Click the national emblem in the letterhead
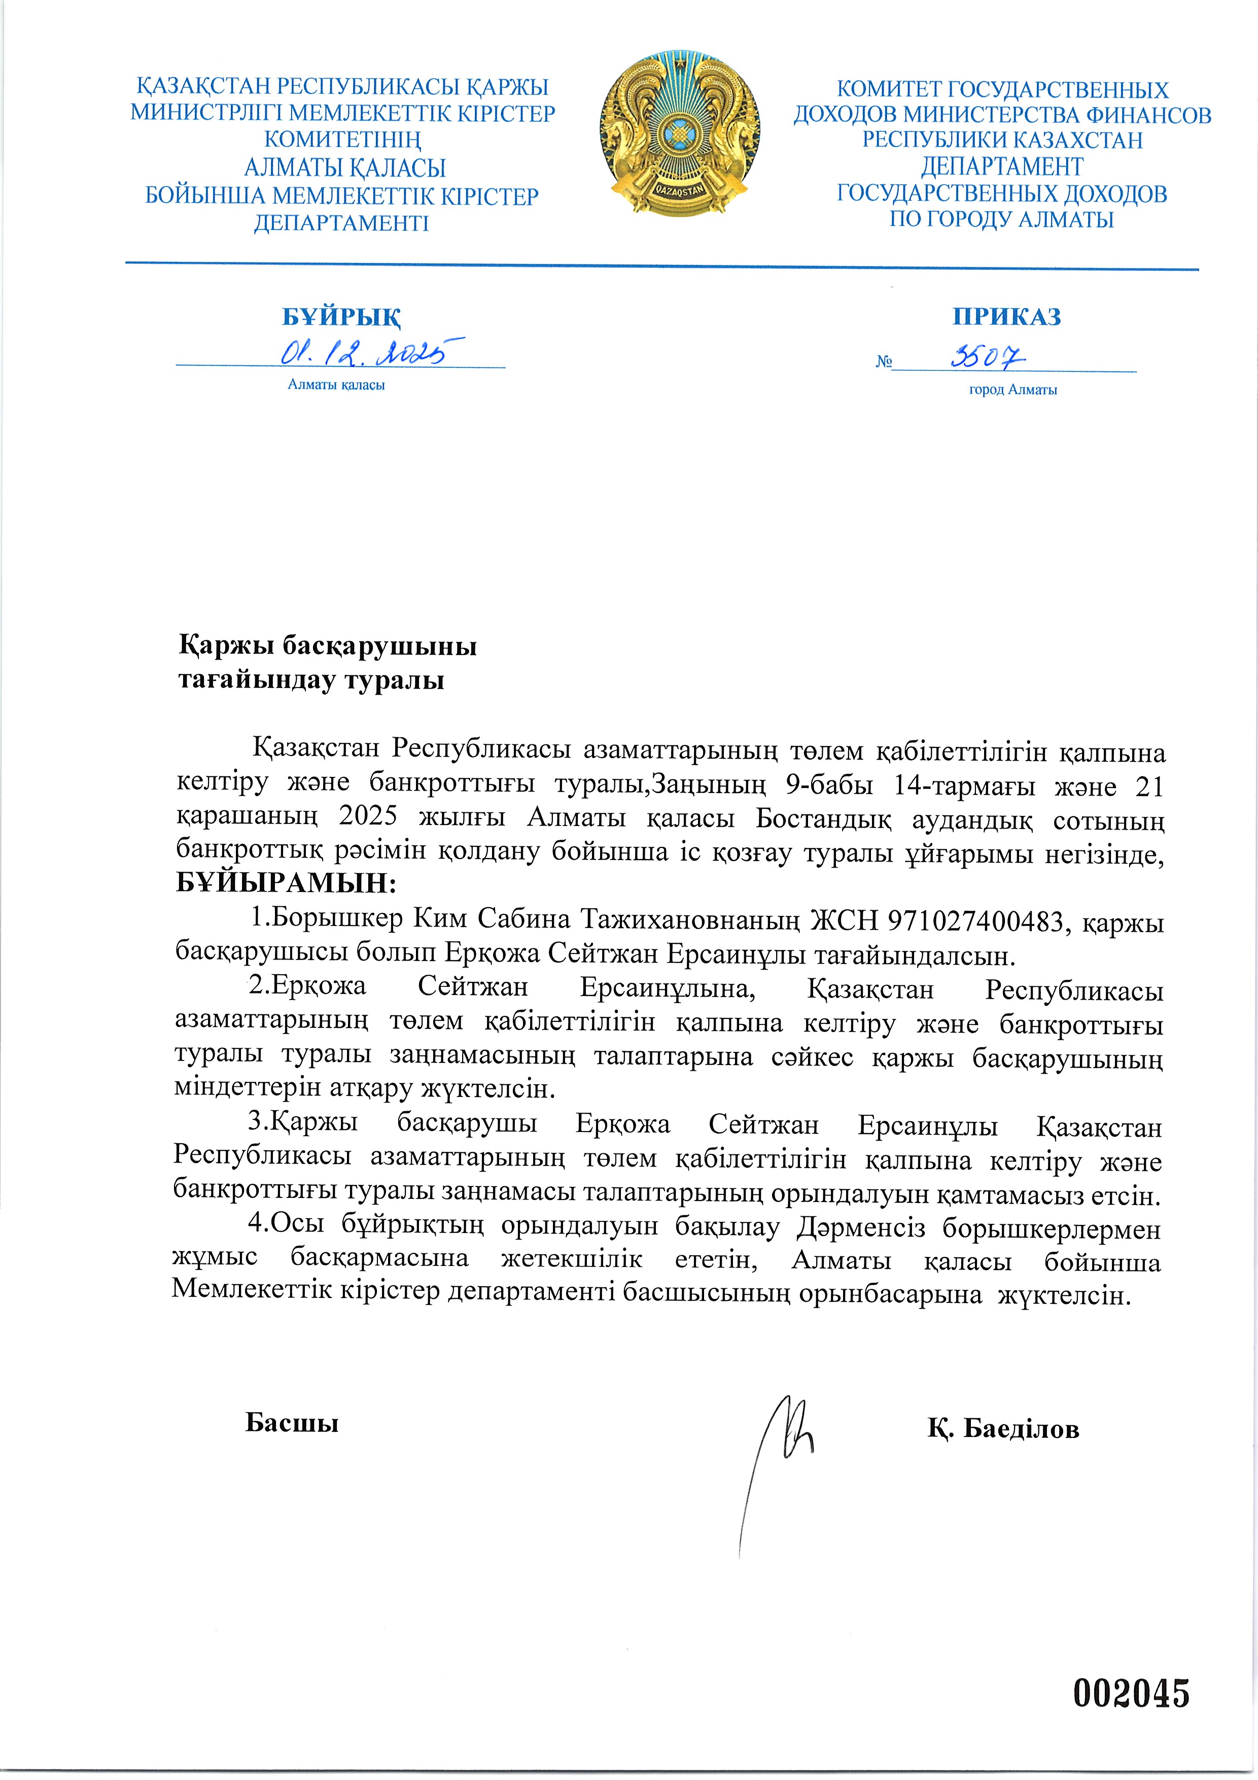pyautogui.click(x=679, y=133)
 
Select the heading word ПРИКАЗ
pyautogui.click(x=1006, y=316)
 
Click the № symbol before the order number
pyautogui.click(x=884, y=362)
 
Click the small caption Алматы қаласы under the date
pyautogui.click(x=336, y=385)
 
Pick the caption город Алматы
pyautogui.click(x=1012, y=390)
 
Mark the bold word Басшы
pyautogui.click(x=292, y=1423)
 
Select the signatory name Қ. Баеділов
pyautogui.click(x=1003, y=1428)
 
